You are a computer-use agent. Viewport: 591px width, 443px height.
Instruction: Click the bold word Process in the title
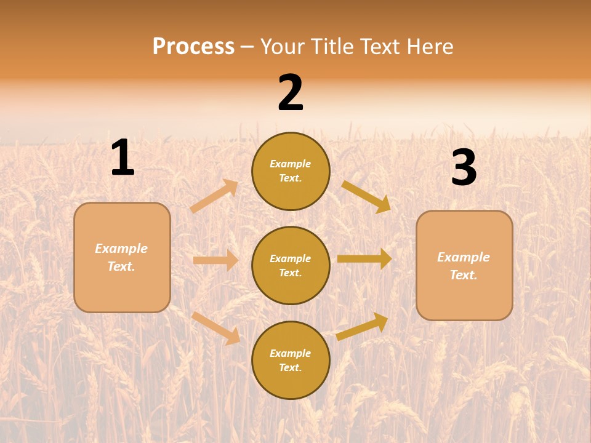(193, 46)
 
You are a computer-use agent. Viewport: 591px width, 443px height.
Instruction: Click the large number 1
(123, 158)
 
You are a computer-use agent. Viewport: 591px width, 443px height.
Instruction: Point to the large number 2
(291, 93)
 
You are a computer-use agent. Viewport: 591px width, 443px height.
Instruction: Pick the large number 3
(464, 168)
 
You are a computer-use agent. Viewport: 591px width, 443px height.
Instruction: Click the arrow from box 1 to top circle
(214, 196)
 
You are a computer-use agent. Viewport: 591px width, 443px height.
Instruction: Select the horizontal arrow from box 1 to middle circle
(215, 260)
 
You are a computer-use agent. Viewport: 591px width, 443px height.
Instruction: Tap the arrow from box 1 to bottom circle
(215, 328)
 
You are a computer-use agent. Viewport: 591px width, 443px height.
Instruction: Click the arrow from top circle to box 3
(366, 196)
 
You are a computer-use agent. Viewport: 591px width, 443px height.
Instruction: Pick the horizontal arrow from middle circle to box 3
(364, 259)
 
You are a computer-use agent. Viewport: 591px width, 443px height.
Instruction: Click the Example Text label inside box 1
(121, 257)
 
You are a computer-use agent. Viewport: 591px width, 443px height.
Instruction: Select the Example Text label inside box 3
(464, 266)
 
